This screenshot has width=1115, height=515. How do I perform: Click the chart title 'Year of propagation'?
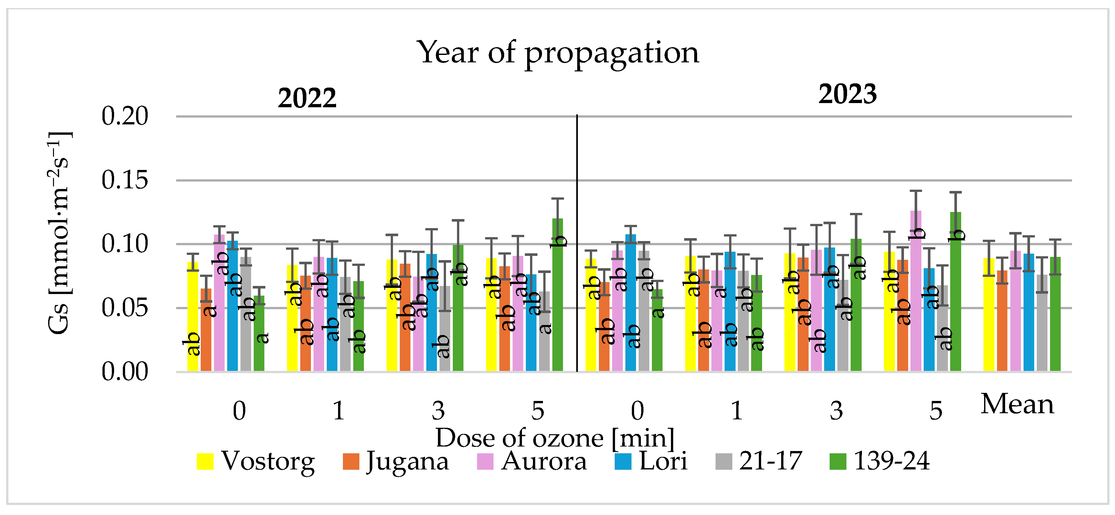click(557, 53)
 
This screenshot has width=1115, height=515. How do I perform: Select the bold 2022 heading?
click(307, 98)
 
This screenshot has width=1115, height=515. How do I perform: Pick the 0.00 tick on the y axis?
click(125, 372)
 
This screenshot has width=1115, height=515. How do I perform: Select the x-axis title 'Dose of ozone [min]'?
click(555, 438)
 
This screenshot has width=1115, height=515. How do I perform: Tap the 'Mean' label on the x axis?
click(1017, 405)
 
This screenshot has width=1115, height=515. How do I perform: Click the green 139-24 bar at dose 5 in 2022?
click(557, 299)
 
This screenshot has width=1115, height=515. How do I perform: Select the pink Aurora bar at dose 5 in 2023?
click(916, 294)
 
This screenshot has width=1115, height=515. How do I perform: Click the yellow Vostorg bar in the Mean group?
click(989, 316)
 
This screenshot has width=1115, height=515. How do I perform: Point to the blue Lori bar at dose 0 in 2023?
click(631, 303)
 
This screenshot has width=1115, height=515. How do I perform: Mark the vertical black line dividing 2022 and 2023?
click(577, 242)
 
